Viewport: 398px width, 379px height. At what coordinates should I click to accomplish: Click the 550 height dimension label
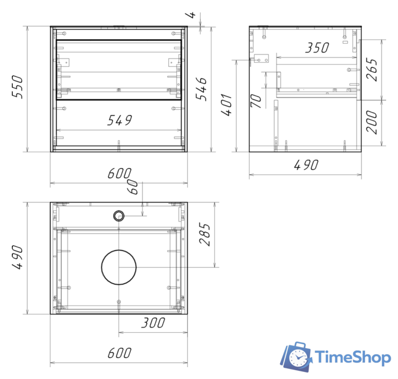[x=18, y=87]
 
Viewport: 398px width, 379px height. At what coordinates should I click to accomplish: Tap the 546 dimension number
[x=201, y=89]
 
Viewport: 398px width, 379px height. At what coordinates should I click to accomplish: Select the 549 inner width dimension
[x=120, y=120]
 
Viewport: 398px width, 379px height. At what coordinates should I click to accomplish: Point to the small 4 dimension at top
[x=191, y=15]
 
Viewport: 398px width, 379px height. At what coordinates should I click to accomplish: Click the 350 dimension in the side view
[x=317, y=48]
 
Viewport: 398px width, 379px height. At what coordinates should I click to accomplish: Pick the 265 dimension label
[x=371, y=69]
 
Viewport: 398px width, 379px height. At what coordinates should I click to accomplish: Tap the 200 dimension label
[x=371, y=122]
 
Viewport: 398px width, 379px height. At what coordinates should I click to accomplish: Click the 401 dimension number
[x=226, y=105]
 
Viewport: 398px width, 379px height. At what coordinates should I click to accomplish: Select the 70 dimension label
[x=256, y=101]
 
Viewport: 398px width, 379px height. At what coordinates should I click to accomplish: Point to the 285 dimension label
[x=205, y=235]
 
